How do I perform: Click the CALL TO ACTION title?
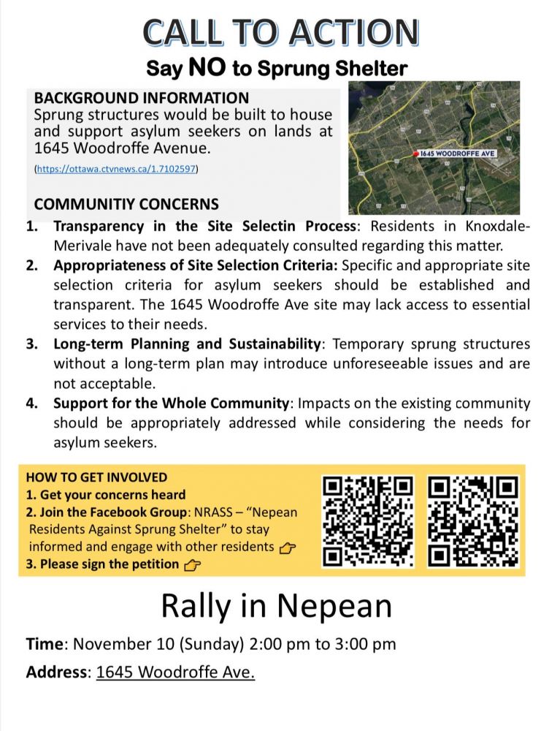tap(281, 32)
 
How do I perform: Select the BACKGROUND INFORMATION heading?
tap(142, 98)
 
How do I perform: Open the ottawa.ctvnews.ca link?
tap(116, 169)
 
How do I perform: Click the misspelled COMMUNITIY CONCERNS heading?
tap(126, 204)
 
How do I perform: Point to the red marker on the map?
tap(415, 154)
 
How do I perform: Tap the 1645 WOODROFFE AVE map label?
tap(457, 154)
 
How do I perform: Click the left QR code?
tap(368, 521)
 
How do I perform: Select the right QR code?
tap(473, 521)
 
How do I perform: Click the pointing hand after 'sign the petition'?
tap(193, 564)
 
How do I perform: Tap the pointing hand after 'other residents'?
tap(288, 547)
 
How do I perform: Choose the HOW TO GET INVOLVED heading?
tap(96, 477)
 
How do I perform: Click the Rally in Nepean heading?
tap(276, 606)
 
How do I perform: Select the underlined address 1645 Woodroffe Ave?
tap(175, 672)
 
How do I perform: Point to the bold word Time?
tap(45, 644)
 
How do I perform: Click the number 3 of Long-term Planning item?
tap(32, 344)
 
